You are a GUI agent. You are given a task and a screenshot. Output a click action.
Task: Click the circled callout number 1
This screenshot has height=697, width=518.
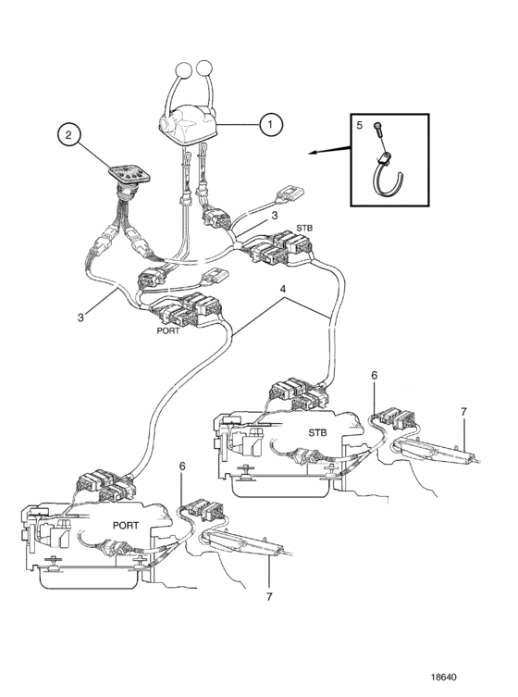[x=271, y=124]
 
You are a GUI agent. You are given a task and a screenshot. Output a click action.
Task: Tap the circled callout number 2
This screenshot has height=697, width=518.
[x=68, y=135]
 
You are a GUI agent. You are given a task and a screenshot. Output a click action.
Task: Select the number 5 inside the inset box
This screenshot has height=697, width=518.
[x=360, y=125]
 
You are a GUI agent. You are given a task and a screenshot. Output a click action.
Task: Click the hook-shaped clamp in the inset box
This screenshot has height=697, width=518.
[x=386, y=178]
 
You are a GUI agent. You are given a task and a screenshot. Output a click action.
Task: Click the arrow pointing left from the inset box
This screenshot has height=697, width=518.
[x=329, y=149]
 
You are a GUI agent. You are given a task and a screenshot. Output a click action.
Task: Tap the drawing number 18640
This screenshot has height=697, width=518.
[x=443, y=678]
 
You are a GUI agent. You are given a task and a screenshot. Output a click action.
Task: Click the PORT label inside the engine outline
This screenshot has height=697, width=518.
[x=126, y=526]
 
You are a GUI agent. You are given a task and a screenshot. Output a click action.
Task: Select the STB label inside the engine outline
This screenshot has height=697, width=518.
[x=317, y=432]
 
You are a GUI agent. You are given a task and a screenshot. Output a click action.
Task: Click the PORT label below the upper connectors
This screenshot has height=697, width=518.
[x=168, y=330]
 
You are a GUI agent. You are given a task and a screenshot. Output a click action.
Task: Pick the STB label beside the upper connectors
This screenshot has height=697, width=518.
[x=304, y=228]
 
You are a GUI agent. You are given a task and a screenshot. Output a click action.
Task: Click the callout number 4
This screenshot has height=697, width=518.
[x=282, y=289]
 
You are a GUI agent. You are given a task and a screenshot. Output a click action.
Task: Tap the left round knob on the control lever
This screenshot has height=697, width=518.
[x=183, y=69]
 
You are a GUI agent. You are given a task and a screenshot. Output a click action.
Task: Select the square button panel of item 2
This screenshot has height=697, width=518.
[x=130, y=174]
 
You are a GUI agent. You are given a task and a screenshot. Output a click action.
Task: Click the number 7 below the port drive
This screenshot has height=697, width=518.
[x=269, y=596]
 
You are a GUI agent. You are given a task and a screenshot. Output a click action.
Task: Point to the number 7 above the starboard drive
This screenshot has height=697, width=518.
[x=463, y=412]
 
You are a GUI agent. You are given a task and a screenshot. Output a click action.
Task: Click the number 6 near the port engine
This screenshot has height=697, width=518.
[x=182, y=467]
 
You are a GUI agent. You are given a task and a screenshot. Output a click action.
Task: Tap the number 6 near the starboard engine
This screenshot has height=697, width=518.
[x=374, y=375]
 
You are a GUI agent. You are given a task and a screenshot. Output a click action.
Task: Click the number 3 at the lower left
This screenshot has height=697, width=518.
[x=80, y=317]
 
